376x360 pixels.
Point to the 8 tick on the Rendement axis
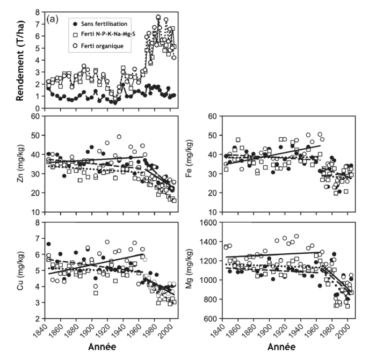pyautogui.click(x=37, y=12)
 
